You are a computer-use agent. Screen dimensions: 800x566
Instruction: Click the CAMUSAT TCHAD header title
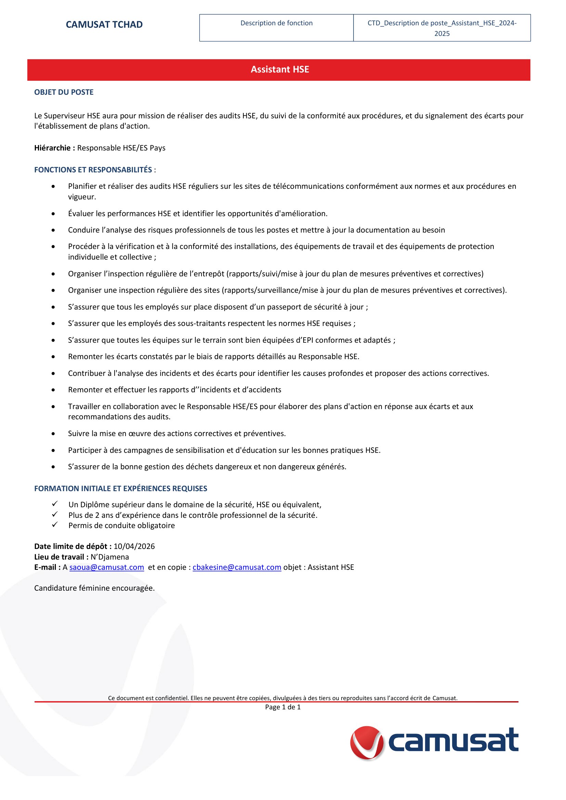104,24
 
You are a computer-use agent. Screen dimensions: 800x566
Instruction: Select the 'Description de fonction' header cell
276,23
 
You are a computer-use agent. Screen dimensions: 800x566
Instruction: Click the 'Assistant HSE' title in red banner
280,69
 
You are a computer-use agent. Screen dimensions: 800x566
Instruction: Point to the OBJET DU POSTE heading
64,92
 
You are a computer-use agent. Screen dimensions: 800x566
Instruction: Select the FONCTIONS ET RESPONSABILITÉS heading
93,170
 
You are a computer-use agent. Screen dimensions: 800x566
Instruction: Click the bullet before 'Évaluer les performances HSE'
53,213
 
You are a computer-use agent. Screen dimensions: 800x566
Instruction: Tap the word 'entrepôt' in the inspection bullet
209,274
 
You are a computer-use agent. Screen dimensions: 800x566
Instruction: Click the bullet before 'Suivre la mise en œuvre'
53,434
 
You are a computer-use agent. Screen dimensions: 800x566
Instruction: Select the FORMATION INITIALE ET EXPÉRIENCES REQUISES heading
120,488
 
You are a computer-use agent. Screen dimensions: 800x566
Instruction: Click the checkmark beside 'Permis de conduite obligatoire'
55,525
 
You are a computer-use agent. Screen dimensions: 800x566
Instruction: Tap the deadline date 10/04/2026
134,546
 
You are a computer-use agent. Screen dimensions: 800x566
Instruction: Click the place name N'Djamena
110,557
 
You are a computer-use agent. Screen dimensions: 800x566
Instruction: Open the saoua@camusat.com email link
107,567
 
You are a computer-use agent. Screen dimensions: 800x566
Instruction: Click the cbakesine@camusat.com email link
237,567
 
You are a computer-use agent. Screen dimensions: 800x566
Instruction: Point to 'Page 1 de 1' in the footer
283,707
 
